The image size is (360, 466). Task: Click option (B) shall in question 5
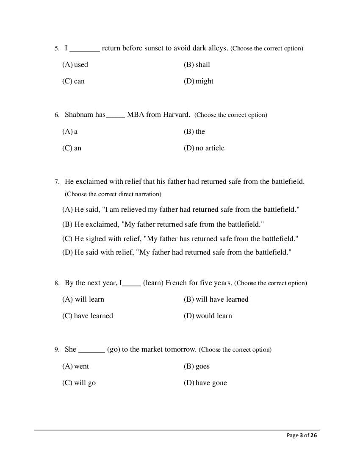197,65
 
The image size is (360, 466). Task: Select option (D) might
198,81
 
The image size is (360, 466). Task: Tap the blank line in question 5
84,50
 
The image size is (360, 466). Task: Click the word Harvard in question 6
176,114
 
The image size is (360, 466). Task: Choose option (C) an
72,148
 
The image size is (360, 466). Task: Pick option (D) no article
204,148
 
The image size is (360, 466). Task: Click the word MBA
136,114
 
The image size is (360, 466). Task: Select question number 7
57,182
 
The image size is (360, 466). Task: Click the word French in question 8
176,283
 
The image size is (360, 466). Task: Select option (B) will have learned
216,300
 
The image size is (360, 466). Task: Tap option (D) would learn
208,316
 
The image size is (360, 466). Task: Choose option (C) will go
79,383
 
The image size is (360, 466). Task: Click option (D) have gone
205,383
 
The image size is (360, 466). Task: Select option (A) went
75,366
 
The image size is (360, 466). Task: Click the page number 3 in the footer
302,435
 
